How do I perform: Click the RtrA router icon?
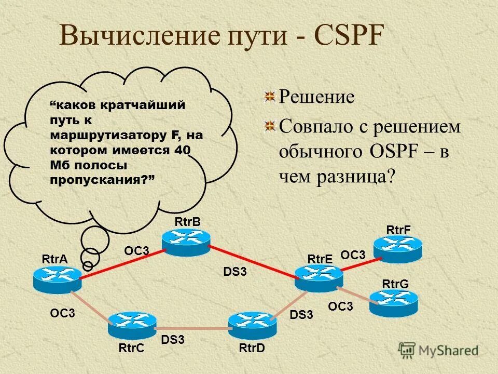coord(57,279)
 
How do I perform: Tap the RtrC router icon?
coord(132,325)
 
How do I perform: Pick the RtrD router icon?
coord(253,325)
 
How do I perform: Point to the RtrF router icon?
coord(398,248)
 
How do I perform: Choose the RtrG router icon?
coord(393,302)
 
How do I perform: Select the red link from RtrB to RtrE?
coord(253,260)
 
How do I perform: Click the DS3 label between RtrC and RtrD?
coord(173,340)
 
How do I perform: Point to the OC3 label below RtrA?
coord(63,313)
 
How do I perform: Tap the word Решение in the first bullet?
coord(317,97)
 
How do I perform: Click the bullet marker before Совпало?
coord(268,125)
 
